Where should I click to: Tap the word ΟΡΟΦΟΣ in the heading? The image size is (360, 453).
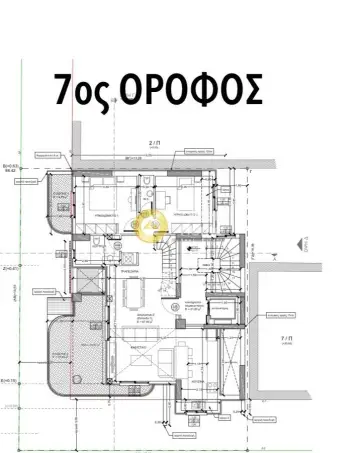tap(190, 91)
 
